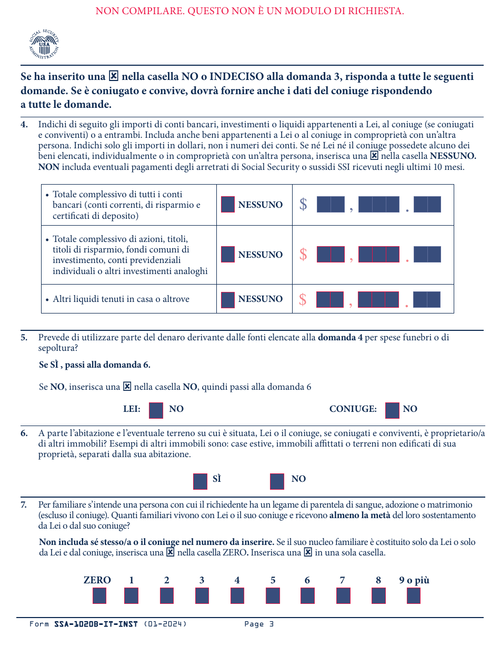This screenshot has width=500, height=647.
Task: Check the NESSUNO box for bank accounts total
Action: [x=228, y=205]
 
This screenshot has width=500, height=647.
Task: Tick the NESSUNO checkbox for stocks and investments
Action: [x=228, y=255]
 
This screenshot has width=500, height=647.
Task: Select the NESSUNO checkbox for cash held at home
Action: [x=228, y=299]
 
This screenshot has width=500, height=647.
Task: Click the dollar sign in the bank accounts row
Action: [x=303, y=204]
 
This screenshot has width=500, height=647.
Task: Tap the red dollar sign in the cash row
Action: [x=303, y=299]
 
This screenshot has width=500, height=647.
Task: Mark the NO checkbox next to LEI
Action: [x=156, y=410]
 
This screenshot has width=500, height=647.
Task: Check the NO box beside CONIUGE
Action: [x=392, y=410]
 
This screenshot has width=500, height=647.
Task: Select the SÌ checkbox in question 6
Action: [x=200, y=481]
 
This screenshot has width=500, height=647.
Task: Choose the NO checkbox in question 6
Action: [x=277, y=481]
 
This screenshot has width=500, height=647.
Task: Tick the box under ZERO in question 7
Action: [x=99, y=595]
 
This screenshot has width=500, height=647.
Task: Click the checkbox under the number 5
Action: [x=273, y=595]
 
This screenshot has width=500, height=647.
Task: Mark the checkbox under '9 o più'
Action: [x=414, y=595]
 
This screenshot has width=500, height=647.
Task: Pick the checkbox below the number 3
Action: [x=202, y=595]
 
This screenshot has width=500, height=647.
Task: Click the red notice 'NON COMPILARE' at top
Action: [x=249, y=11]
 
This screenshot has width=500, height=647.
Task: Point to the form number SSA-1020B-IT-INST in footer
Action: [x=96, y=624]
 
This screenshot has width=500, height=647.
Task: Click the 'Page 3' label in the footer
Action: [x=259, y=624]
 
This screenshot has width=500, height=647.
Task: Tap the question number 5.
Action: [x=24, y=337]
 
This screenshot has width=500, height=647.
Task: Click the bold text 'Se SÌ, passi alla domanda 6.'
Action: [x=95, y=365]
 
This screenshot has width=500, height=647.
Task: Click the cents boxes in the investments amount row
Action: [x=427, y=255]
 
